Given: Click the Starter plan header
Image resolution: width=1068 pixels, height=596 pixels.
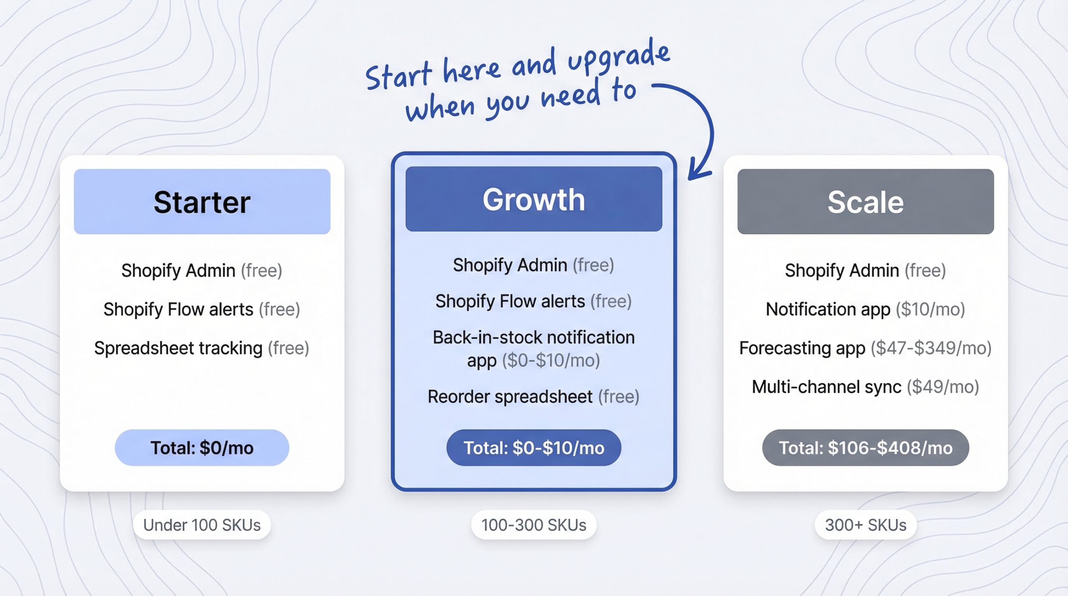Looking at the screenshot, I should click(x=202, y=201).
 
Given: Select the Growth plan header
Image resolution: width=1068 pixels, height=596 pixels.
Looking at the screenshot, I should click(x=534, y=199).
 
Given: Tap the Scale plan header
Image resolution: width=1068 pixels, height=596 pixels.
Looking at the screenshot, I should click(x=865, y=201).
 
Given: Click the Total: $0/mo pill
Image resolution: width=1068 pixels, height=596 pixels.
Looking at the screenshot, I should click(x=202, y=448).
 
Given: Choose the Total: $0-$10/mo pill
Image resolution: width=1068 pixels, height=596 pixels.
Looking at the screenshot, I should click(x=534, y=448).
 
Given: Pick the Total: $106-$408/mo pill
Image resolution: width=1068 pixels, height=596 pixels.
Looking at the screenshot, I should click(x=865, y=448).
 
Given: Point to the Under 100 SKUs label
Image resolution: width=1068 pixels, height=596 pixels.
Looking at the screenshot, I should click(x=202, y=525).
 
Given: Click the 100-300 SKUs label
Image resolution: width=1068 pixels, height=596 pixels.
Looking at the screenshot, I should click(x=534, y=525).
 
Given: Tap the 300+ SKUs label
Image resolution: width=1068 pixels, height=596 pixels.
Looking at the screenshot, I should click(x=865, y=525).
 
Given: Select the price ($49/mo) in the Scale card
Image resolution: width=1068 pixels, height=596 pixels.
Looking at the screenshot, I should click(x=943, y=387).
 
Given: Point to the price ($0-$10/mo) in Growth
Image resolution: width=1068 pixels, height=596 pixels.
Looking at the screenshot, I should click(x=551, y=360).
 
